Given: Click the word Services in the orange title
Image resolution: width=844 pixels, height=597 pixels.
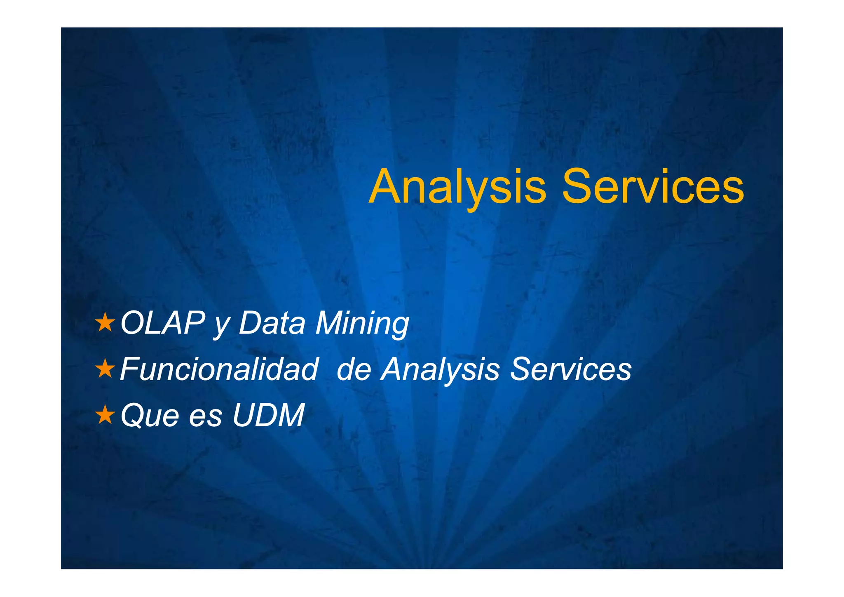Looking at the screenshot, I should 653,186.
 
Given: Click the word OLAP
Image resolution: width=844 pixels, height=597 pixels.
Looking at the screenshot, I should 162,323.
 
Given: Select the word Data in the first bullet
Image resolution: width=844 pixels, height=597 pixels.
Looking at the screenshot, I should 272,323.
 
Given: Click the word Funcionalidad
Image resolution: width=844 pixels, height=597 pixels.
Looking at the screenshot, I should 219,369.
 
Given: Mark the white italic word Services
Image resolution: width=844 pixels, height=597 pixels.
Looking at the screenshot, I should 571,369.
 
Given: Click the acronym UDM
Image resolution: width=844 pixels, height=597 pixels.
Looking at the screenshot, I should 269,415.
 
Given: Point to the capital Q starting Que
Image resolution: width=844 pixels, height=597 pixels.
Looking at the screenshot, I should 132,415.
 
